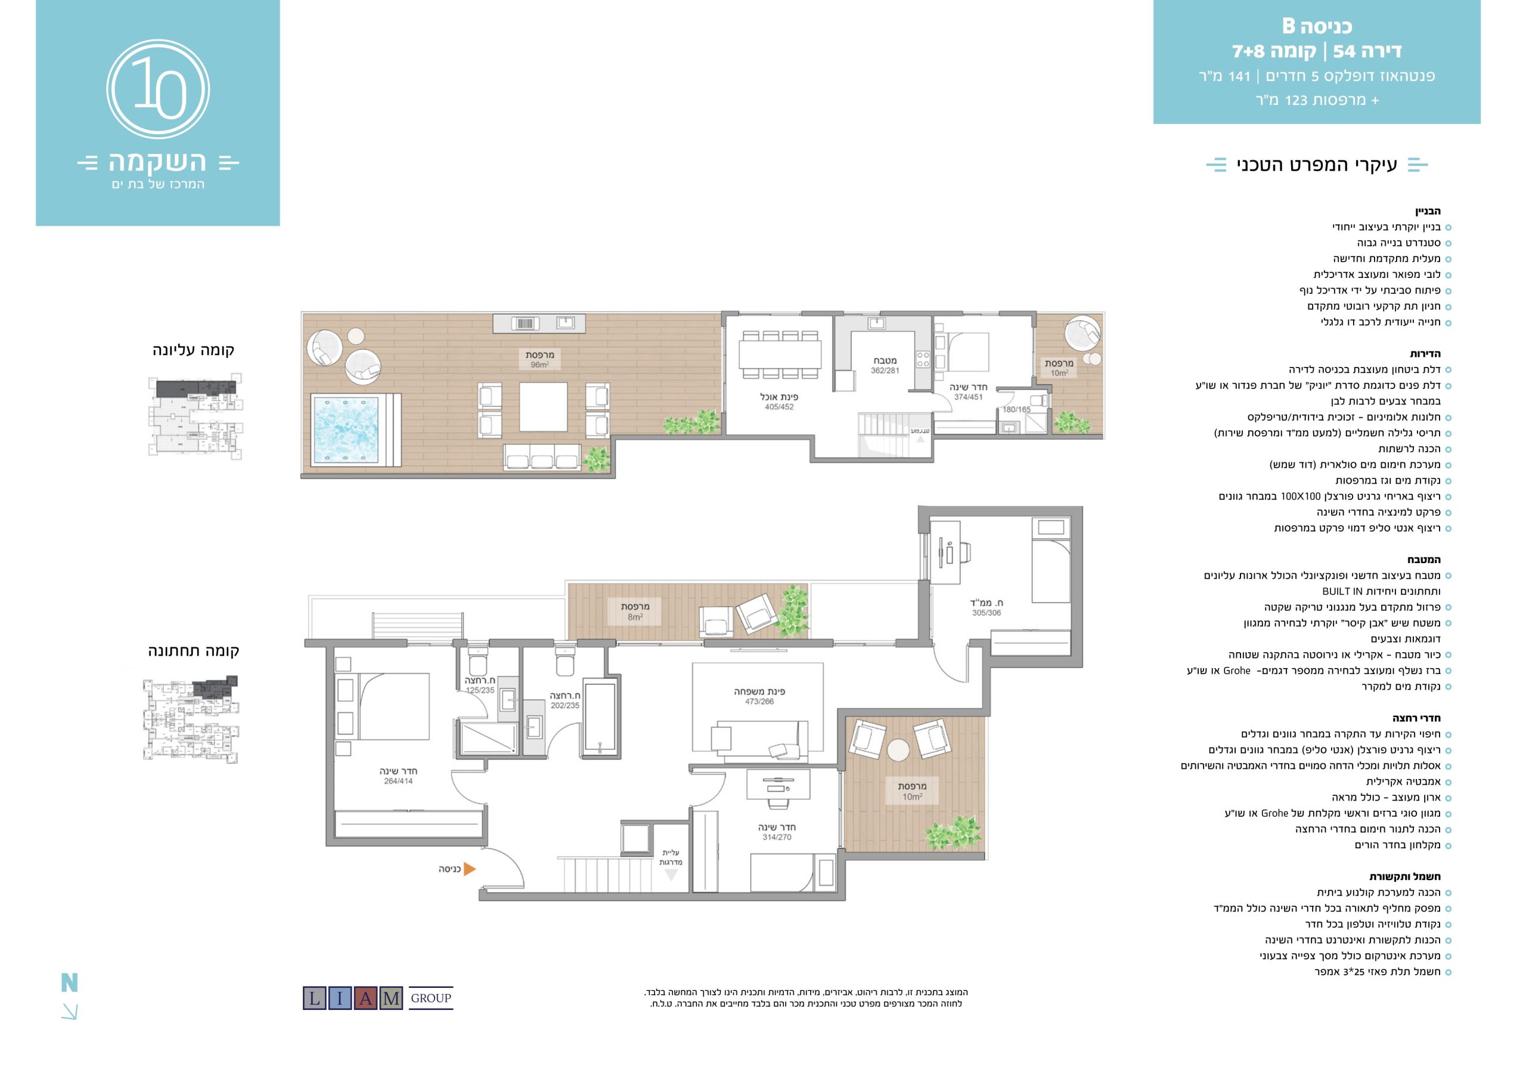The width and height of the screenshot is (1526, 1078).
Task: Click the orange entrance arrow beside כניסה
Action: [469, 869]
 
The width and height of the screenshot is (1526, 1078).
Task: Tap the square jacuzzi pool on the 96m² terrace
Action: [346, 430]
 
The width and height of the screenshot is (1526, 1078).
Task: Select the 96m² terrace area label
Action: [539, 365]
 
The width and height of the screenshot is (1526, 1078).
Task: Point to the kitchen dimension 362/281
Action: [885, 370]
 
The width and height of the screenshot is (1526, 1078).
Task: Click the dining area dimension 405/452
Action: [779, 407]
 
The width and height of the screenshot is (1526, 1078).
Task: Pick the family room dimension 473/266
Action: [759, 702]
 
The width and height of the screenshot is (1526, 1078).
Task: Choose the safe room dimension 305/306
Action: [987, 613]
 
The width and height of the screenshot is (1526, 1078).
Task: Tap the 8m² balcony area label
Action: [635, 617]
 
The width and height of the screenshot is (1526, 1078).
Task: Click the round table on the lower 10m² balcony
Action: [898, 749]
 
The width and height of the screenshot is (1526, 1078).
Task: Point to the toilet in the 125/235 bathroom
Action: [478, 663]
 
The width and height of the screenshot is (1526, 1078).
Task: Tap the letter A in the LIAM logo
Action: [365, 998]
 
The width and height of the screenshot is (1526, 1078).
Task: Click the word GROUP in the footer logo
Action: [431, 998]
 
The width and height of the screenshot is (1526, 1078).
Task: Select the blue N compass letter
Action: [70, 982]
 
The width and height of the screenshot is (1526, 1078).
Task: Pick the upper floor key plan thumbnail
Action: [195, 417]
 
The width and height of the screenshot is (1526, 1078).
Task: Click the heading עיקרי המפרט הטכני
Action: [1317, 164]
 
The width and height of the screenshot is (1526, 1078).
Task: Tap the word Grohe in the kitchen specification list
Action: [1237, 671]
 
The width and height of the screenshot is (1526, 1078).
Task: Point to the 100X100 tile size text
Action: [1301, 496]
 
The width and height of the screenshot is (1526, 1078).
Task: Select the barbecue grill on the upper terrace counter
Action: [525, 324]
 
